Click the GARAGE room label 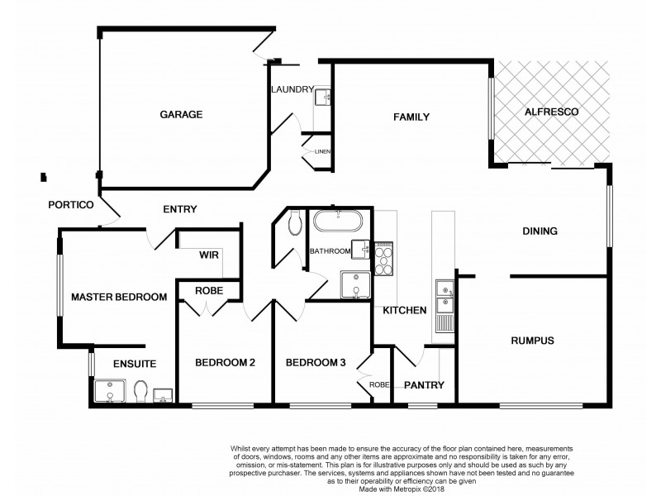click(181, 114)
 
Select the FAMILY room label click(411, 117)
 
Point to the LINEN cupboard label click(322, 152)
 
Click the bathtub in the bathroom click(336, 223)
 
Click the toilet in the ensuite click(140, 390)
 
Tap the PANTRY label click(424, 384)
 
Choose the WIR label click(208, 255)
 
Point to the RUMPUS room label click(531, 341)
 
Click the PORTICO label click(69, 205)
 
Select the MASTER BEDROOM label click(119, 297)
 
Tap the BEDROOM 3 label click(315, 362)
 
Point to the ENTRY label click(179, 209)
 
